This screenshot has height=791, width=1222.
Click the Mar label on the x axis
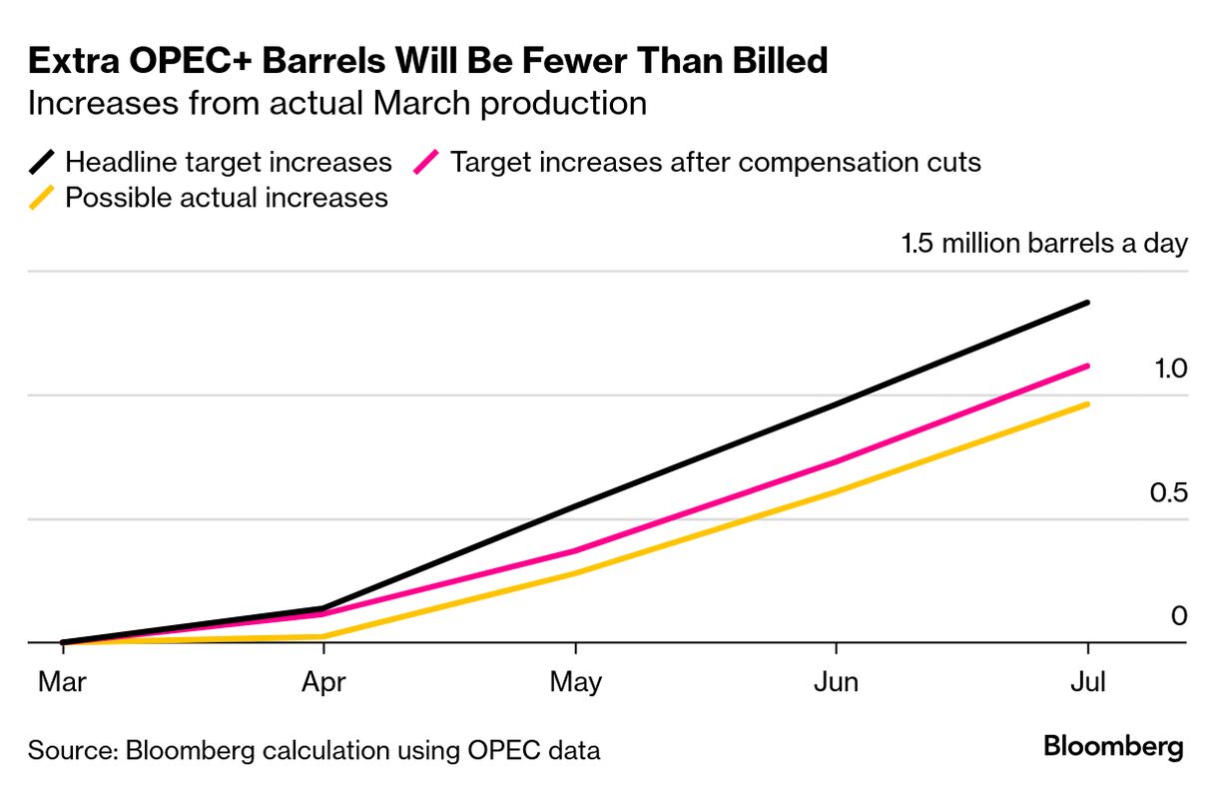62,682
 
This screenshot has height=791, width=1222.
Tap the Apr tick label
323,682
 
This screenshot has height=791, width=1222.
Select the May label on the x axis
576,683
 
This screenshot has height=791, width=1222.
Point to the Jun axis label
836,682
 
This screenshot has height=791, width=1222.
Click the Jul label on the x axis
1087,682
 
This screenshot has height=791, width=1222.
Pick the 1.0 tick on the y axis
1170,370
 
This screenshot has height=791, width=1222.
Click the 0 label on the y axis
1179,616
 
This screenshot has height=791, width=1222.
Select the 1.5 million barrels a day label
1044,244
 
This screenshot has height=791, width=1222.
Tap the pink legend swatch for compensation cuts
426,162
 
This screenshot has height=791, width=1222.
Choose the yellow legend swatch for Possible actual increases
42,198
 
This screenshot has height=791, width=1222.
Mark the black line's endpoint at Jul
1087,302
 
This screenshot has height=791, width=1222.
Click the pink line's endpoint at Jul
1087,366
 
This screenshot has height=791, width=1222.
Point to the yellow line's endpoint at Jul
1087,403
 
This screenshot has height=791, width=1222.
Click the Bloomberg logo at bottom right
1113,747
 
